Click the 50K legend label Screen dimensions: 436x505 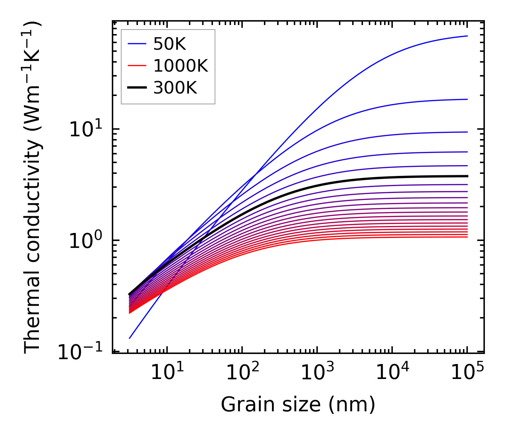(170, 44)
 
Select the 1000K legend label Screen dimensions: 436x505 (181, 66)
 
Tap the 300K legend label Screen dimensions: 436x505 (175, 88)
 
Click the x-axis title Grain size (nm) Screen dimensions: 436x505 (298, 405)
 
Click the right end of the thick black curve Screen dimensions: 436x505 (467, 176)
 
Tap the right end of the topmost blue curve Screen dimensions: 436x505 (467, 36)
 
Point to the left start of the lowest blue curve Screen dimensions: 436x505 (129, 338)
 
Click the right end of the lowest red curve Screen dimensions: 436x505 (467, 237)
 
